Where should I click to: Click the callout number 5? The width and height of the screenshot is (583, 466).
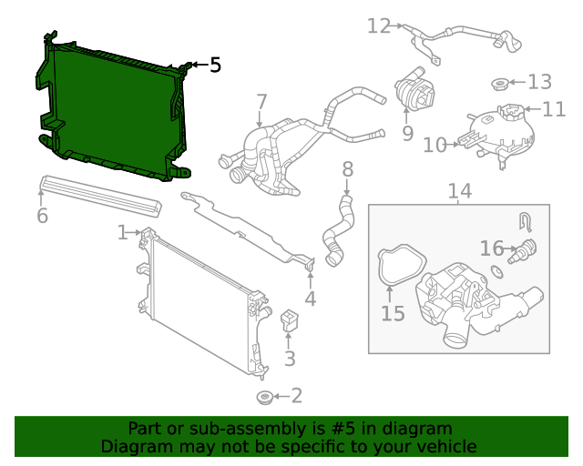click(215, 65)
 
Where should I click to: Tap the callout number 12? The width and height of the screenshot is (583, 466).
click(378, 25)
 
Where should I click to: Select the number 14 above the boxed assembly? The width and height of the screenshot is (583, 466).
click(460, 191)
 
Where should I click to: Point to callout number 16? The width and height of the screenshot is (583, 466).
click(491, 248)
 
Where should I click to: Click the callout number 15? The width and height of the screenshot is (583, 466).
click(393, 313)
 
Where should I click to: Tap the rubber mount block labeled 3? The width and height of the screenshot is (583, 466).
click(290, 320)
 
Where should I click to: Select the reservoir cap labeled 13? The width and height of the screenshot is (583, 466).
click(499, 85)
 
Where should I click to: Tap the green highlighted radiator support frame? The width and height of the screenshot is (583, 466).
click(109, 109)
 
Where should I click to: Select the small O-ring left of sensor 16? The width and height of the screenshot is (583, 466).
click(496, 270)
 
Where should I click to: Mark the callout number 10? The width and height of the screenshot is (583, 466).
click(434, 144)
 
